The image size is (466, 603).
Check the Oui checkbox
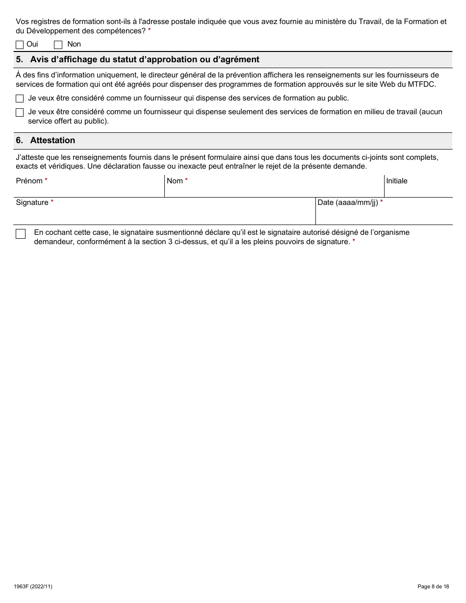pyautogui.click(x=20, y=45)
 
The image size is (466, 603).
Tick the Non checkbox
pyautogui.click(x=58, y=45)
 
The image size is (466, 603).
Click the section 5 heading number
pyautogui.click(x=19, y=60)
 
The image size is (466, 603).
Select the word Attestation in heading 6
pyautogui.click(x=52, y=140)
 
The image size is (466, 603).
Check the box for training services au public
pyautogui.click(x=20, y=99)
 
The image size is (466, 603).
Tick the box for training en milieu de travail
pyautogui.click(x=20, y=113)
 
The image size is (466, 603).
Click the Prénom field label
pyautogui.click(x=29, y=181)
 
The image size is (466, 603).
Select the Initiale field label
pyautogui.click(x=396, y=181)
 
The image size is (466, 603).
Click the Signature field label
pyautogui.click(x=32, y=202)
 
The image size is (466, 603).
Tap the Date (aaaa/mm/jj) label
pyautogui.click(x=348, y=202)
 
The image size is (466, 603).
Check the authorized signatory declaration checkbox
pyautogui.click(x=21, y=234)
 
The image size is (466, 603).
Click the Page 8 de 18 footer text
pyautogui.click(x=433, y=586)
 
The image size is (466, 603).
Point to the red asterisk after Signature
pyautogui.click(x=52, y=202)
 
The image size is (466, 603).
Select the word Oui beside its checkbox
pyautogui.click(x=32, y=44)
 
